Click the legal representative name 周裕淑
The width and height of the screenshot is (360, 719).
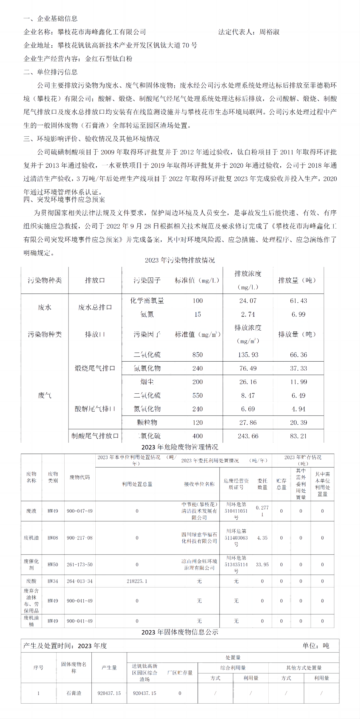tap(269, 32)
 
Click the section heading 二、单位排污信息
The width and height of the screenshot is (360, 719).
tap(51, 72)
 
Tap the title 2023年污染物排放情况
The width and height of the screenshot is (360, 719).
tap(180, 260)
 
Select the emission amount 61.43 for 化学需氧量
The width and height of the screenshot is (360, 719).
tap(298, 301)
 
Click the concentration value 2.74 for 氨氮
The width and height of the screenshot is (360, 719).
tap(248, 314)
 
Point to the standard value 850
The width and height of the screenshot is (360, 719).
tap(198, 355)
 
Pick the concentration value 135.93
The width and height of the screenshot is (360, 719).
tap(248, 355)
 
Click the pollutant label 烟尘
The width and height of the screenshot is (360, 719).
tap(147, 382)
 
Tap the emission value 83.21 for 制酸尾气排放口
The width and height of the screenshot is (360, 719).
tap(298, 436)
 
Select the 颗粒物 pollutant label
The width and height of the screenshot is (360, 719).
tap(147, 422)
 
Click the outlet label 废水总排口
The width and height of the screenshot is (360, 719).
tap(95, 307)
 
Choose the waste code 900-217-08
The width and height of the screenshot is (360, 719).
tap(80, 538)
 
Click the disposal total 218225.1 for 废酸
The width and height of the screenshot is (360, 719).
tap(137, 581)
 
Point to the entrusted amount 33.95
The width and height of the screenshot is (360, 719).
tap(262, 565)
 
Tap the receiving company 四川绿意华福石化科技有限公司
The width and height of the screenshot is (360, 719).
tap(199, 538)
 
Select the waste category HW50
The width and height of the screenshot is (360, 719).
tap(53, 565)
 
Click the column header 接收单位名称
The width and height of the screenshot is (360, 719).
tap(199, 484)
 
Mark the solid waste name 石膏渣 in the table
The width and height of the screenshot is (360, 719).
tap(74, 693)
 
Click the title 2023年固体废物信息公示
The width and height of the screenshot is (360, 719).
tap(180, 632)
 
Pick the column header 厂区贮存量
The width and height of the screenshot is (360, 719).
tap(180, 673)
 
